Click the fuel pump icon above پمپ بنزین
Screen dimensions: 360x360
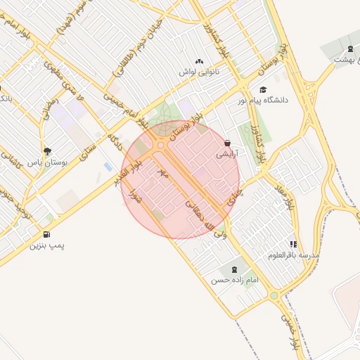47,234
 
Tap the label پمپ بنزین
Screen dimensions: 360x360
47,246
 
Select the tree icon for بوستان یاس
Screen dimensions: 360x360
47,150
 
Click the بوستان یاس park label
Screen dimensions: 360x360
46,162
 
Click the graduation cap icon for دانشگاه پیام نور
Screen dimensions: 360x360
263,89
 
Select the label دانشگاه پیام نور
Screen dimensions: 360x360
284,101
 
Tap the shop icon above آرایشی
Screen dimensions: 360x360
227,141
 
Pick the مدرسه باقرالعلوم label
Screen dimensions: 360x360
294,255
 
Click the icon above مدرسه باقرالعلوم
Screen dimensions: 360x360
294,244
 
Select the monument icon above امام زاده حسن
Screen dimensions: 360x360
233,269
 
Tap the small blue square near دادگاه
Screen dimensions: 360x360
107,167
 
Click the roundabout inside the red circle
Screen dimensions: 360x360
161,145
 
